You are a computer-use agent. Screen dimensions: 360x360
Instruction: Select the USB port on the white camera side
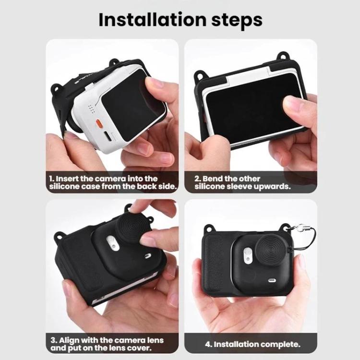(107, 136)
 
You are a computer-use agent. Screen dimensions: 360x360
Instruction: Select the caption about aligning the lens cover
(107, 344)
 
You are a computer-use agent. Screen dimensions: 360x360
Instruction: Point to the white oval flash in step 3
(112, 243)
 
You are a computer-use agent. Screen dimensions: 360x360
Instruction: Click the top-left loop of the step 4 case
(209, 228)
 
